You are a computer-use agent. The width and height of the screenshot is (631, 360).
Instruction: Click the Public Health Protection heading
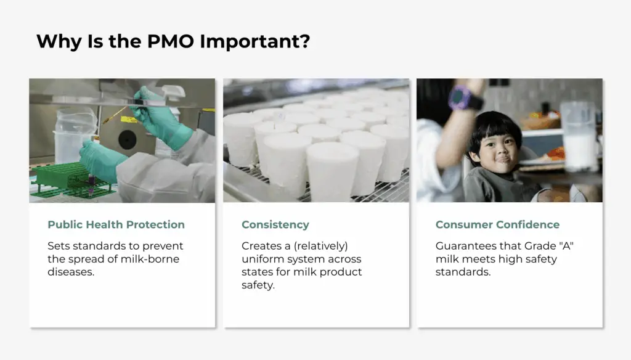(116, 224)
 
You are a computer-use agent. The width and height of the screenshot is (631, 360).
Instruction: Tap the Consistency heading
(275, 224)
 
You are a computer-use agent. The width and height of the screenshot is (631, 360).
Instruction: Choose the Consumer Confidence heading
(497, 224)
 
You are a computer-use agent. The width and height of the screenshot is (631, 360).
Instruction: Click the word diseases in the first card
(71, 272)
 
